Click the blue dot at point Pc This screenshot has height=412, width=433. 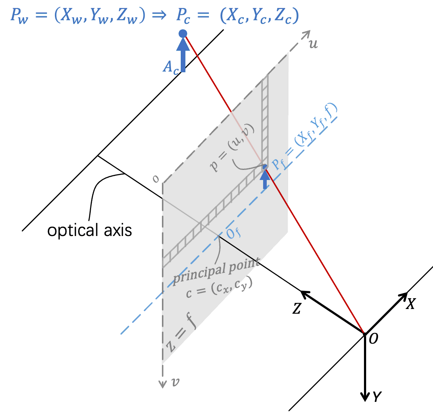point(183,34)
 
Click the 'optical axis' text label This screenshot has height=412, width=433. point(89,230)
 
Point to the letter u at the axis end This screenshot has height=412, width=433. point(313,44)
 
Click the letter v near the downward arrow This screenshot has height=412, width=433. point(175,382)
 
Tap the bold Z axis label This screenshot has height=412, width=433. point(297,309)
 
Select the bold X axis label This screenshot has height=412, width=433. point(410,304)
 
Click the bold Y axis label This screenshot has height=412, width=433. point(377,397)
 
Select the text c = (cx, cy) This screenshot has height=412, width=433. point(219,287)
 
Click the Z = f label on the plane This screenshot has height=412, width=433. point(181,333)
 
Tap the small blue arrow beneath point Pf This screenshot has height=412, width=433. point(266,179)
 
